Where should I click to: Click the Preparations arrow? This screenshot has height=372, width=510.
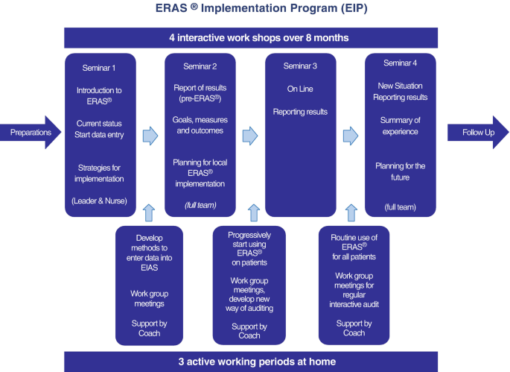pos(34,133)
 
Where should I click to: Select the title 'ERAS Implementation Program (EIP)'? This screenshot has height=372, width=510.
pos(255,10)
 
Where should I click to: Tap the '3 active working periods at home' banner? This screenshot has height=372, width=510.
pos(255,361)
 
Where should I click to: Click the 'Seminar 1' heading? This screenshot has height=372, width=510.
pos(99,66)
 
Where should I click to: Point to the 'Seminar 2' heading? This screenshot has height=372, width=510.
pos(200,66)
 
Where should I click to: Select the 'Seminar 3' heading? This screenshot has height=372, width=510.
pos(300,66)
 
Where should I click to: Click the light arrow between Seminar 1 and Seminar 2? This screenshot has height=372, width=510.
pos(150,135)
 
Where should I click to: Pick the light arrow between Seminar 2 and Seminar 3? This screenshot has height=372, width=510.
pos(250,135)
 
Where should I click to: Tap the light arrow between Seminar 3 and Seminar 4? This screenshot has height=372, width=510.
pos(350,135)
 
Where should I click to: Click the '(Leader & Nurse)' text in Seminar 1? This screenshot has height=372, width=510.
pos(99,201)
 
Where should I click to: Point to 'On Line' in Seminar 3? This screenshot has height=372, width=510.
pos(300,89)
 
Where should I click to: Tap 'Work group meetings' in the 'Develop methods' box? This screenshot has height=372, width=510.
pos(149,299)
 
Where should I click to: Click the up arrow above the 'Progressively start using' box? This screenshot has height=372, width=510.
pos(251,212)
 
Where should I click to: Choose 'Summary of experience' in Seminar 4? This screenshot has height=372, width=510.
pos(400,126)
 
